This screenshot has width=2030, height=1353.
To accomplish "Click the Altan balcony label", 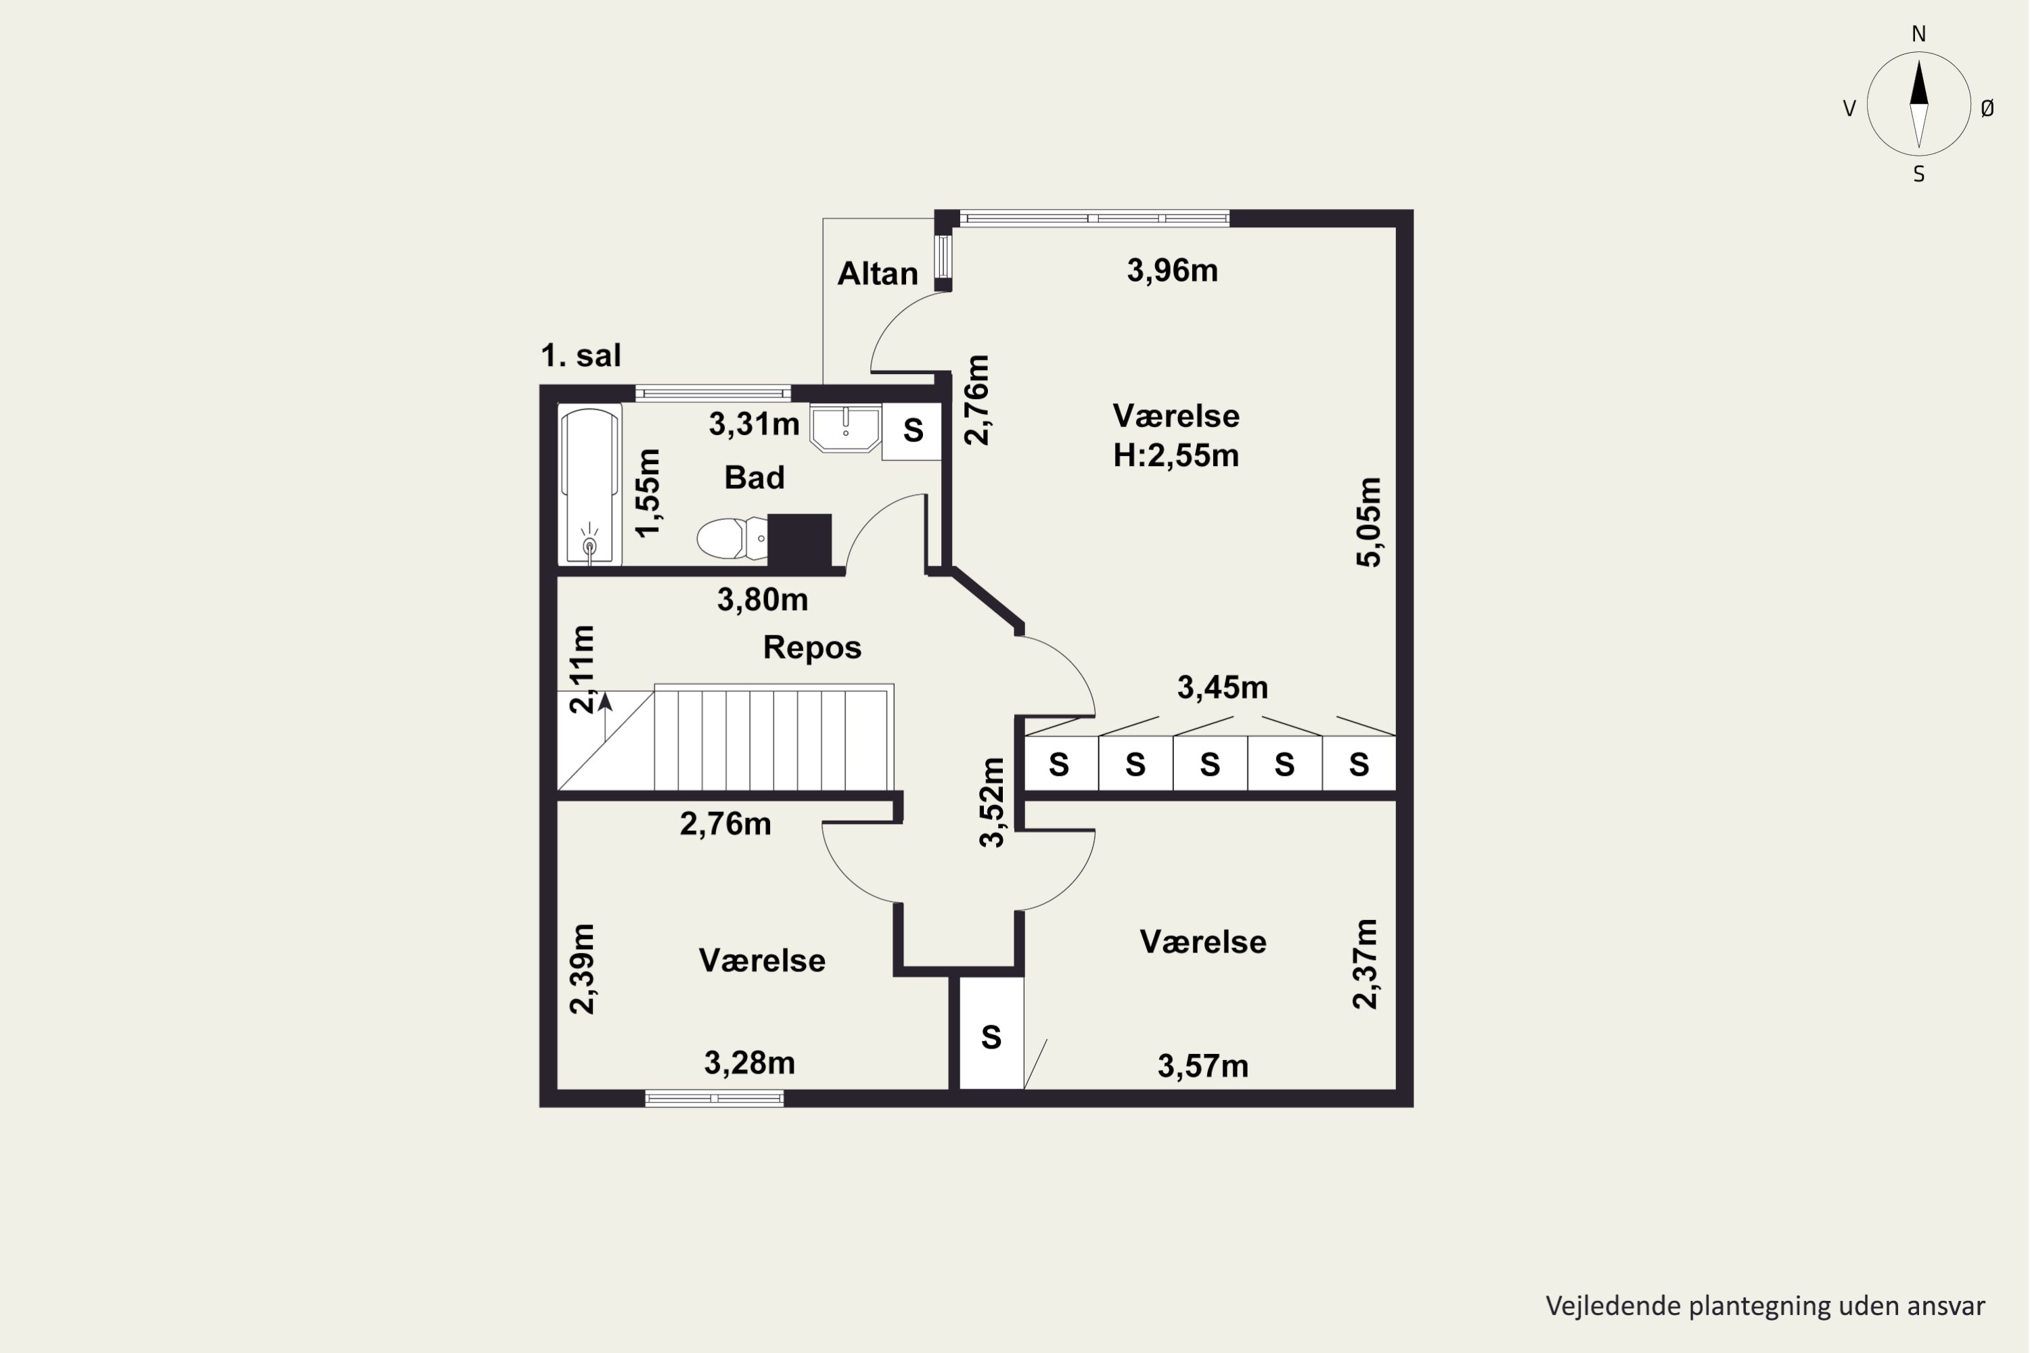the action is (x=878, y=273).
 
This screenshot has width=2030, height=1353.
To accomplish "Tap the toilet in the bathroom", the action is (x=732, y=538).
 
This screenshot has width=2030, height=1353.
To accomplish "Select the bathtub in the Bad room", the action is (x=589, y=485).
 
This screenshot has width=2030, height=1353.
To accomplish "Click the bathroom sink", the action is (x=846, y=427).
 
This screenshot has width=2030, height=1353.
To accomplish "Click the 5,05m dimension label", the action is (x=1369, y=522).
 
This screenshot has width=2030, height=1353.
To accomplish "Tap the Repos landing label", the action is (x=812, y=648).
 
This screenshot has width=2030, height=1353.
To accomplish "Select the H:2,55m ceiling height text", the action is (x=1175, y=455).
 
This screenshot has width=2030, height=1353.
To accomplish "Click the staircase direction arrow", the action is (x=605, y=716).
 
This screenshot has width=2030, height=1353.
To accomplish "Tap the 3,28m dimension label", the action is (x=749, y=1063).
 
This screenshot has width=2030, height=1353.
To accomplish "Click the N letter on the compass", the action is (x=1918, y=35).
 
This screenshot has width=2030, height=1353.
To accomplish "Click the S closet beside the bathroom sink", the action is (x=912, y=430).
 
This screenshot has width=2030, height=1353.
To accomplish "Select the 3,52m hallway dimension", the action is (x=993, y=802).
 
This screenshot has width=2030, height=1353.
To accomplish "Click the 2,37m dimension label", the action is (x=1366, y=964).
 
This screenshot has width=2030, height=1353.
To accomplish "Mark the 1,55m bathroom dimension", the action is (x=648, y=492).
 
